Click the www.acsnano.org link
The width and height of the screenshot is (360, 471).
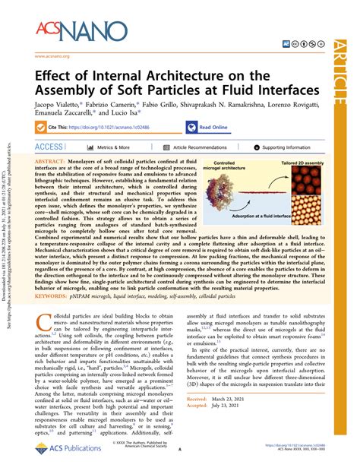(52, 56)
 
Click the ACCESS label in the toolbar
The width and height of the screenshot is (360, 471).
(49, 147)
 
